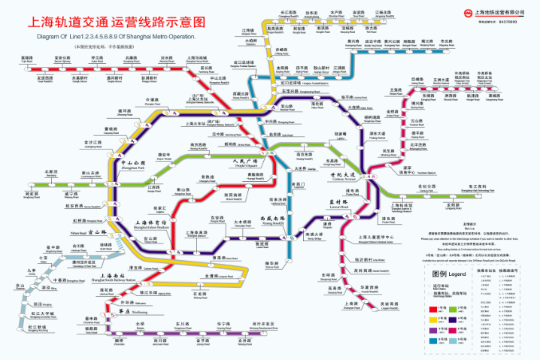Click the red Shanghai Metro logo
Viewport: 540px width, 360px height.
click(457, 14)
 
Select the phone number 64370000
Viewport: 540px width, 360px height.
click(505, 23)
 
